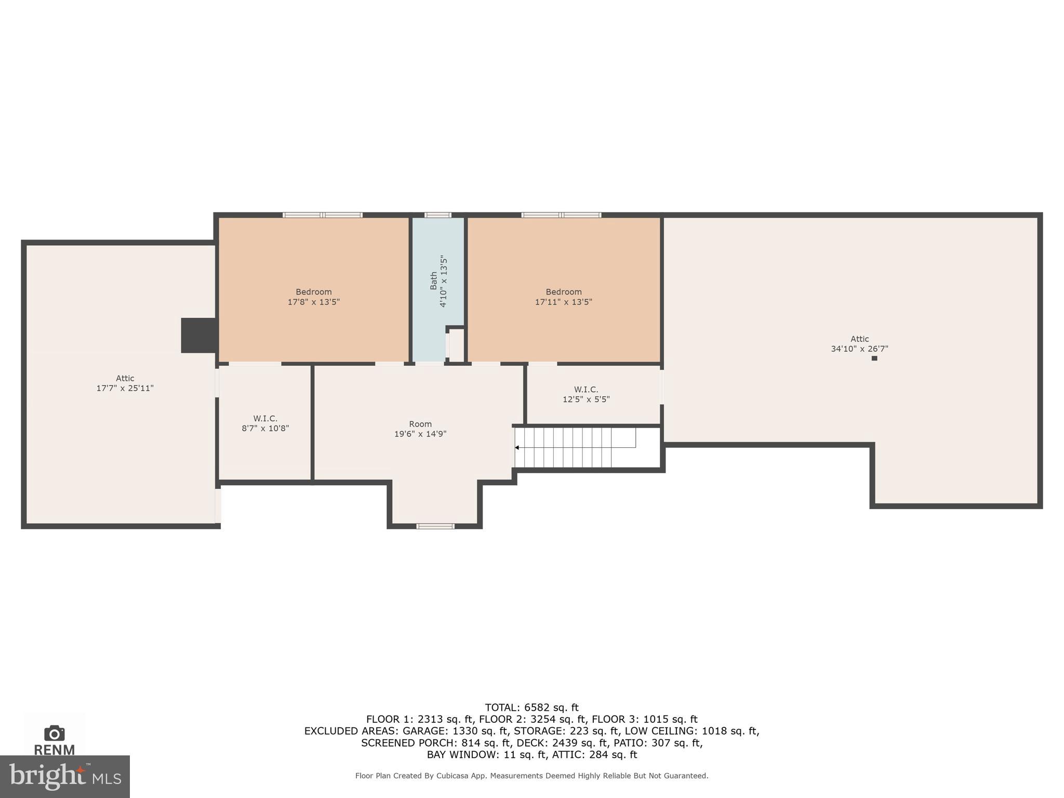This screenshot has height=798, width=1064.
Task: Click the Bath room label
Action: click(433, 281)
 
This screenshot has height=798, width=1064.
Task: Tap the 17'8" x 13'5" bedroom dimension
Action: click(313, 302)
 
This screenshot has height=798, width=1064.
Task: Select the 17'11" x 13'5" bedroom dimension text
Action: click(563, 302)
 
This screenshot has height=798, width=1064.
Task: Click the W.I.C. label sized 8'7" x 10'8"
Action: click(265, 419)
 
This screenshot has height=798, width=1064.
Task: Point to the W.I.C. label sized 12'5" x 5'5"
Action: click(586, 390)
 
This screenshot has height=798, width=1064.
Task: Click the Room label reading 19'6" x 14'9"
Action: click(420, 424)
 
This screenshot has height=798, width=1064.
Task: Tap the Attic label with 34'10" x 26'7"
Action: click(859, 339)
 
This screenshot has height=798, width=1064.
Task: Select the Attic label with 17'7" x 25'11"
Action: click(125, 379)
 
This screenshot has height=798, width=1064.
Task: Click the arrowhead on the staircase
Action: click(517, 447)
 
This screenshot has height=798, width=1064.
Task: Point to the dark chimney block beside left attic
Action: click(198, 335)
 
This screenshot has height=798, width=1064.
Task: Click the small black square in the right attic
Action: click(874, 358)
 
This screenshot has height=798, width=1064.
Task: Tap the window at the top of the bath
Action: click(437, 215)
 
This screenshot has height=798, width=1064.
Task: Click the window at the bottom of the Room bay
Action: click(435, 526)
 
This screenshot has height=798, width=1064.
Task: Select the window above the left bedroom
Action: click(323, 215)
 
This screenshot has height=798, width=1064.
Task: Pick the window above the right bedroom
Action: click(561, 215)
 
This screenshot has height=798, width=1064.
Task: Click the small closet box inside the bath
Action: click(456, 345)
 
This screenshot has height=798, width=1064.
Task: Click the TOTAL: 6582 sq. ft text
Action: click(531, 708)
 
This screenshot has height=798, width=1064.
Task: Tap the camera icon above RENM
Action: click(54, 733)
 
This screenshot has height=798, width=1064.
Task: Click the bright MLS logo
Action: click(64, 777)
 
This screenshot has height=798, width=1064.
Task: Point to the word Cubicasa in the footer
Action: click(450, 776)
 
